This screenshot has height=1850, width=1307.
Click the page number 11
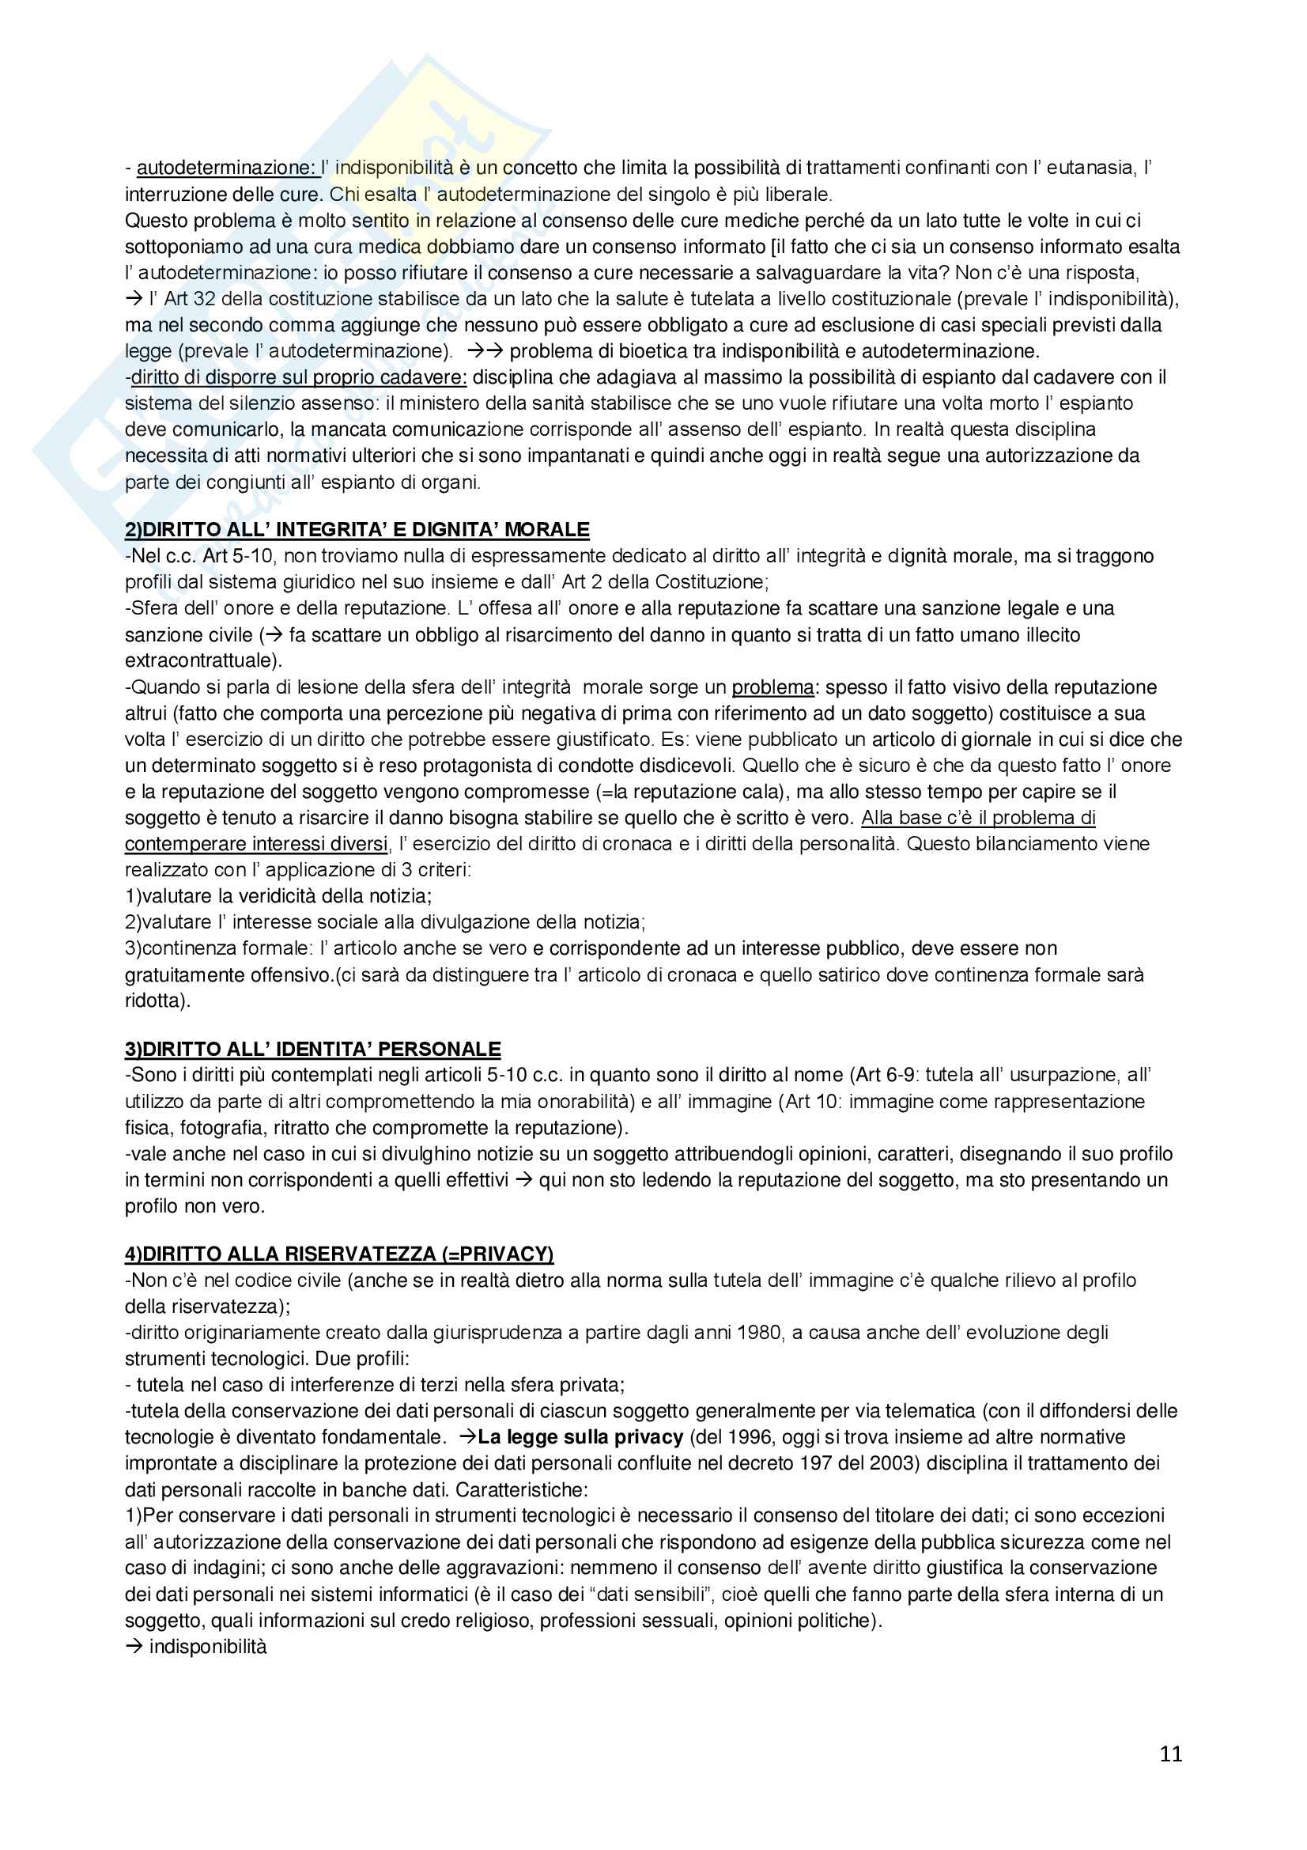click(1171, 1754)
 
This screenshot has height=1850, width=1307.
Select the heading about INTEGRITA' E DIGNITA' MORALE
click(357, 530)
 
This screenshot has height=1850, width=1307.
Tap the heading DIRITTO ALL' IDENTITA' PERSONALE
click(312, 1049)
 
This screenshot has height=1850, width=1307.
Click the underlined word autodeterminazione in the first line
click(225, 168)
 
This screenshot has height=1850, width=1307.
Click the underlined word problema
click(772, 687)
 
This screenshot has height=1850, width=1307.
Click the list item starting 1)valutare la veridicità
click(278, 896)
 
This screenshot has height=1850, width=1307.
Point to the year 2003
click(892, 1463)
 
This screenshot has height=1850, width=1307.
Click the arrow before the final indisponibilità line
click(134, 1647)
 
